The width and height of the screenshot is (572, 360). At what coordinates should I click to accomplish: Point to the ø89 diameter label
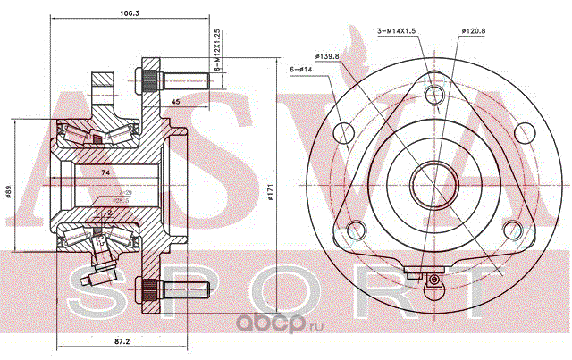coord(8,192)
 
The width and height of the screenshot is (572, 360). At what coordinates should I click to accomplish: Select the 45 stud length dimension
coord(176,102)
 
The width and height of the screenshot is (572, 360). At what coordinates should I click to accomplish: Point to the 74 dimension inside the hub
coord(105,172)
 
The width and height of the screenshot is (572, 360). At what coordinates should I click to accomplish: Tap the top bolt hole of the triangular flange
coord(434,95)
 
